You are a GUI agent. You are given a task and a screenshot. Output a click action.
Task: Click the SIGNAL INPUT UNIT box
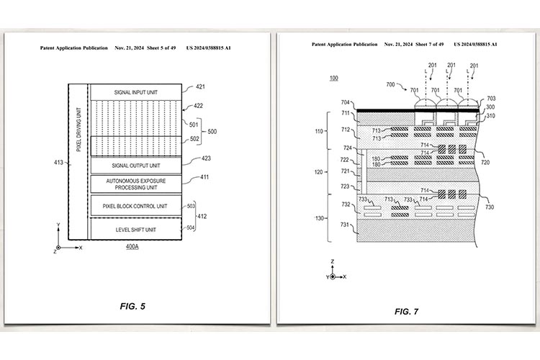coord(136,92)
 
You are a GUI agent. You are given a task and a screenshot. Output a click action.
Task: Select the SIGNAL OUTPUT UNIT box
coord(136,166)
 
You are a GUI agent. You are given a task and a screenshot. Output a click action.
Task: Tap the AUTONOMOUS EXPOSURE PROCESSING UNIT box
coord(136,184)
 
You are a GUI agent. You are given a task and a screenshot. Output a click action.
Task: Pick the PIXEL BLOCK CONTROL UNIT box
coord(136,206)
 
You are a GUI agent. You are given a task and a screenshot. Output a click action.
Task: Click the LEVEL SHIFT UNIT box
coord(136,229)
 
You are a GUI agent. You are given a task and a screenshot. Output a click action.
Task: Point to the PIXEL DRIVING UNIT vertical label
coord(79,130)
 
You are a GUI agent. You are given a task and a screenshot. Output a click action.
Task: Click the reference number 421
coord(200,87)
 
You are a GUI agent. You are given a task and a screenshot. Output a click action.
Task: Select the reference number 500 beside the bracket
coord(212,132)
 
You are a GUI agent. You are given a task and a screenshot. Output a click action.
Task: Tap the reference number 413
coord(58,162)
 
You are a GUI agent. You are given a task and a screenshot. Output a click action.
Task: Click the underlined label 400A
coord(132,247)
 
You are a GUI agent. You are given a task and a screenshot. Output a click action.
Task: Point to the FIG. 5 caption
coord(132,306)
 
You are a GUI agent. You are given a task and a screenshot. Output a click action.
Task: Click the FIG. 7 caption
coord(406,312)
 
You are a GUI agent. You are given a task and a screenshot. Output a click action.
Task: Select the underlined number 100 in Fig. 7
coord(333,78)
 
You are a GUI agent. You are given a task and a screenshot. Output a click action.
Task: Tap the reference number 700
coord(390,84)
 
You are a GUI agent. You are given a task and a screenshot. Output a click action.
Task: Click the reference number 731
coord(345,225)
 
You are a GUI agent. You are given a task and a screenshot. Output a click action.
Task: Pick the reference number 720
coord(485,162)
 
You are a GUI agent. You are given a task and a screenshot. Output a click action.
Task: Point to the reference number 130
coord(319,218)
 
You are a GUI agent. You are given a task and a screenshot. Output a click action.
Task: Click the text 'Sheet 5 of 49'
coord(161,48)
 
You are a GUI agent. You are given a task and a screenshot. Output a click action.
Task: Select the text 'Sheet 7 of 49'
coord(429,45)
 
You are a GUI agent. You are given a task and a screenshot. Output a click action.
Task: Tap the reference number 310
coord(490,116)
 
